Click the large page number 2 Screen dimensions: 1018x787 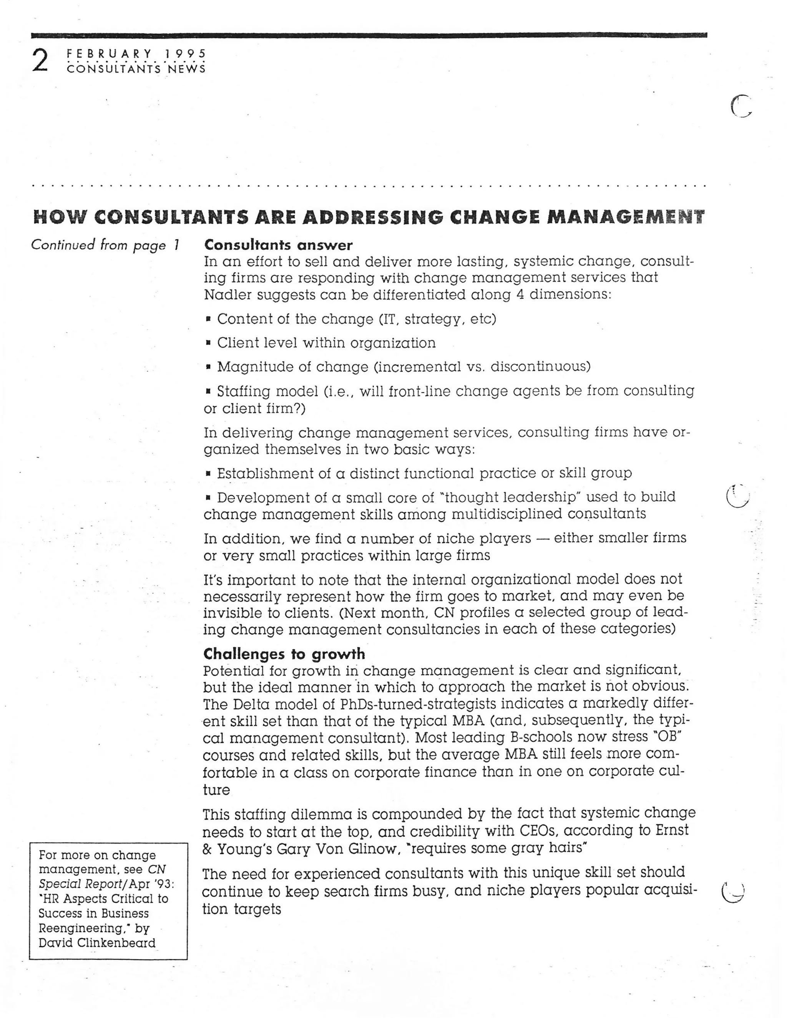[40, 61]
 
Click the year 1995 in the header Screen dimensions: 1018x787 [185, 54]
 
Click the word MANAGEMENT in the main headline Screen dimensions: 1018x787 [625, 217]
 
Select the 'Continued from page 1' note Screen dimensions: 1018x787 [105, 245]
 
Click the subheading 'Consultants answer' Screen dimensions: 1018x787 [278, 245]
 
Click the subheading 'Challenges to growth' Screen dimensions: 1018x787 [284, 653]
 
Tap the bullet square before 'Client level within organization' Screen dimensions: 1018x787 [208, 343]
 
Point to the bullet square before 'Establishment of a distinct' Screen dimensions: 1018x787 [208, 474]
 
